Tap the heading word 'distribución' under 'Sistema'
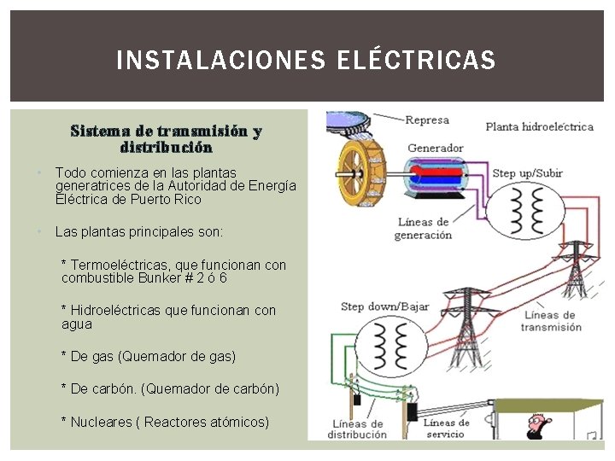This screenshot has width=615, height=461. (166, 148)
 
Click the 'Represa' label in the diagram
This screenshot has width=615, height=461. (426, 120)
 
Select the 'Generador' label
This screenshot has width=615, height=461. (435, 148)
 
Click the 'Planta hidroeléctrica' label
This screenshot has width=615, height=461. (539, 127)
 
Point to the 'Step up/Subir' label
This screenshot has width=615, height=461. (527, 173)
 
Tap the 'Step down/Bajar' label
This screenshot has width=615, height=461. (384, 306)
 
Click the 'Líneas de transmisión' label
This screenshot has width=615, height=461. (551, 321)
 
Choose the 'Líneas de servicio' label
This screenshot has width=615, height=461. (445, 429)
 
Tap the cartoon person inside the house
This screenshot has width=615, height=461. (536, 423)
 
